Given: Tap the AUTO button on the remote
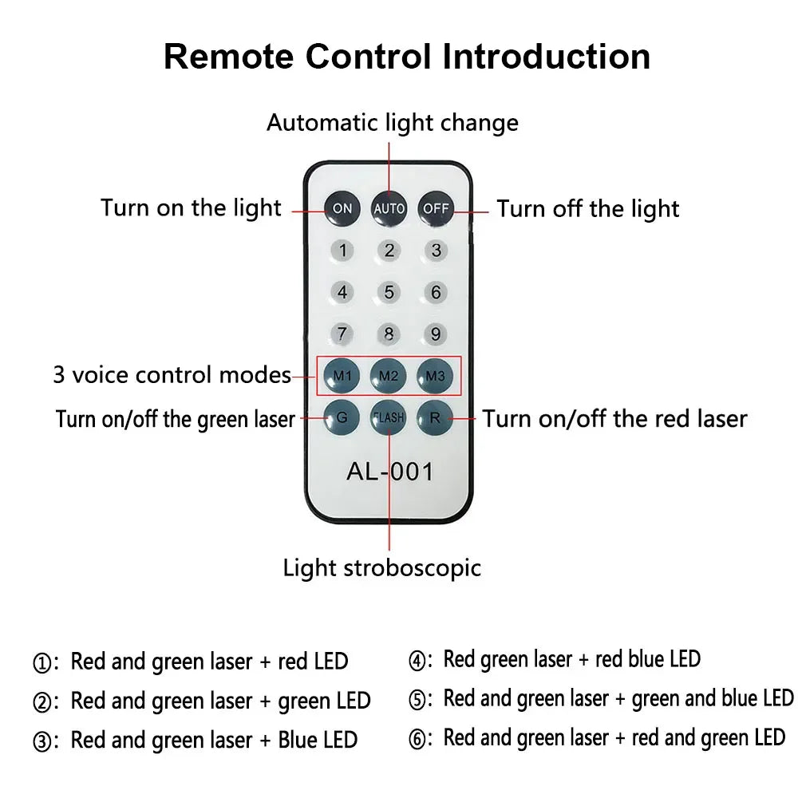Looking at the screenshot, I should (389, 208).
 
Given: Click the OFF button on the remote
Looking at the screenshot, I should (436, 208).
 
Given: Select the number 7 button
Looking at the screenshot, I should (342, 333).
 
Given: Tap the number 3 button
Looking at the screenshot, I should (436, 251).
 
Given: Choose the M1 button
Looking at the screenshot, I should (342, 374).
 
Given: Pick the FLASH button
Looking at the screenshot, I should (389, 417).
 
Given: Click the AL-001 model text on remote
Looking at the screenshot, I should (389, 471).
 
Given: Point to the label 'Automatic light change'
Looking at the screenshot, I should (392, 123).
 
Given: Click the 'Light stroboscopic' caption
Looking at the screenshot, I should (382, 568).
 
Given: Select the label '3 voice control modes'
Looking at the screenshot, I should (172, 375).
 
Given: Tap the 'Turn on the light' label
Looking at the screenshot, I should (191, 208).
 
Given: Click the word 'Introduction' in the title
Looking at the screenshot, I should (547, 57).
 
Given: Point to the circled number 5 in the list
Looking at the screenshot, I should (416, 700).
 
